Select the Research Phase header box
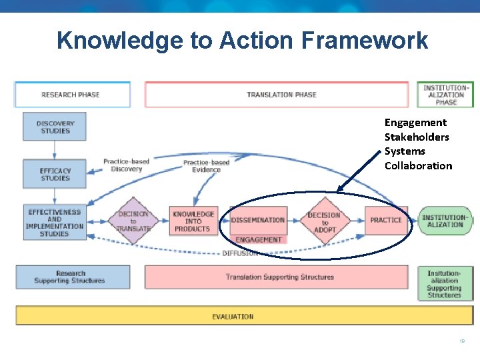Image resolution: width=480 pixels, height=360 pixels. [71, 95]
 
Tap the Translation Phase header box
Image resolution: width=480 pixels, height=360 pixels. [276, 95]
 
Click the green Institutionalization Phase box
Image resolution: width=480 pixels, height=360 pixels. [446, 95]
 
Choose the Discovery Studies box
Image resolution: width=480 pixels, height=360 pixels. [55, 127]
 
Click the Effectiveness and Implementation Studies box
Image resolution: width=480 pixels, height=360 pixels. [55, 223]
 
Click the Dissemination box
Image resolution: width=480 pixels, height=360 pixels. [258, 220]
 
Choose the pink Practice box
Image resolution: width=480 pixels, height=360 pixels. [386, 220]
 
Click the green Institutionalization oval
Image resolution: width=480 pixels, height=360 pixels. [445, 221]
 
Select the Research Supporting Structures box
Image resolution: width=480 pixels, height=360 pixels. [71, 277]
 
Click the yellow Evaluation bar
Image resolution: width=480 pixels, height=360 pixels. [233, 316]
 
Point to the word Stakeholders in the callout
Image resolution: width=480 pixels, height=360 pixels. [417, 137]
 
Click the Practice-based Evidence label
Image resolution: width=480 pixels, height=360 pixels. [206, 166]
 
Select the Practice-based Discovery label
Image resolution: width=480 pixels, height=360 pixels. [126, 165]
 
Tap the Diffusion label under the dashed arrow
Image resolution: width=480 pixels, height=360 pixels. [240, 253]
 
